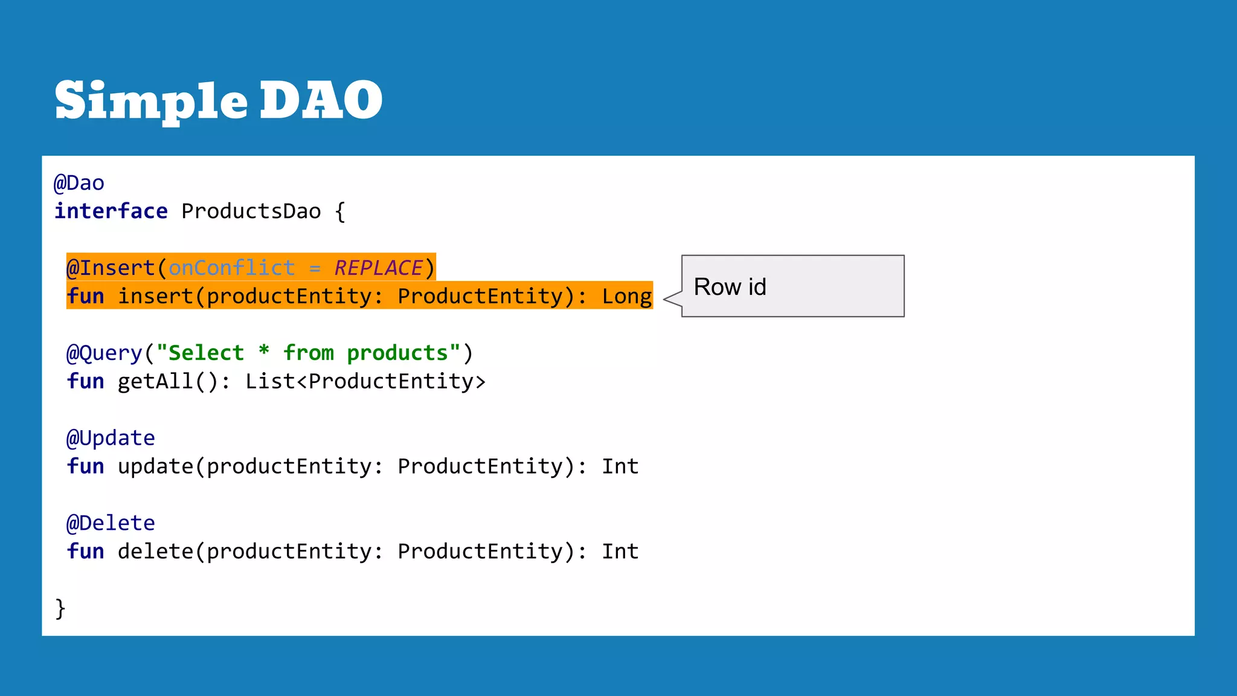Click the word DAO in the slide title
321,100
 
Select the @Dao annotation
79,183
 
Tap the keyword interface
111,211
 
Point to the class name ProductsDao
251,211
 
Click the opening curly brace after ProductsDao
340,212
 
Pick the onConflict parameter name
231,268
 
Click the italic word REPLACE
378,268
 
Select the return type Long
626,297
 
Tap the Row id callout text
730,287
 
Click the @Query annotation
104,353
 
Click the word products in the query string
397,353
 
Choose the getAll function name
155,381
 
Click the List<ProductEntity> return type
365,381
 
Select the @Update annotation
111,438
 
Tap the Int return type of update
620,466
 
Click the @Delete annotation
111,523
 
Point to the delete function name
155,552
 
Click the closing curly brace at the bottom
60,608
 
